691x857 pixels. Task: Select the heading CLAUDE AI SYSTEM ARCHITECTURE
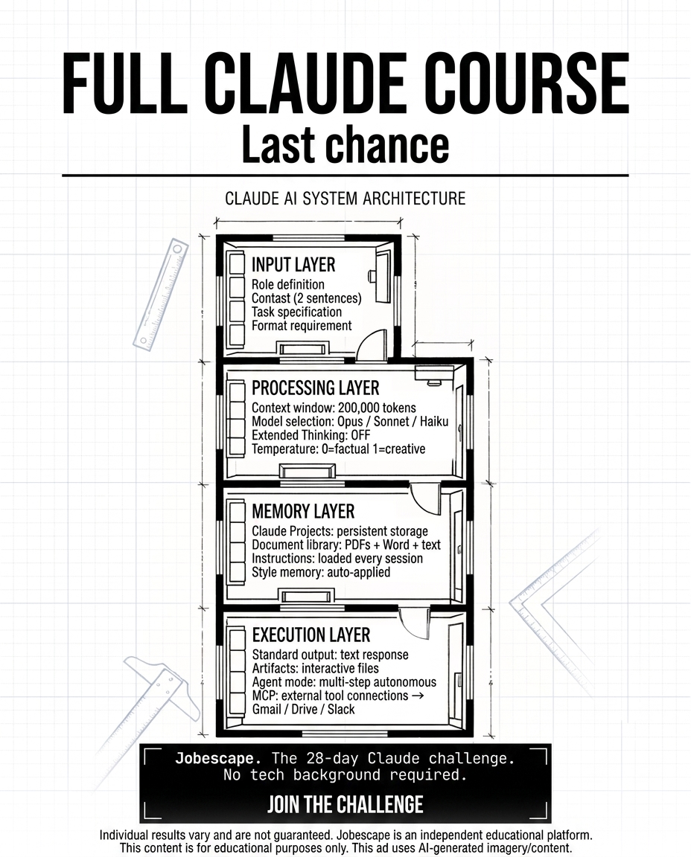[x=345, y=198]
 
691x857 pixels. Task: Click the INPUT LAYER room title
[x=293, y=265]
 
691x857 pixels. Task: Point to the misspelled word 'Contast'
[x=270, y=298]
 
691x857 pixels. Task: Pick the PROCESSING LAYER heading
[x=315, y=388]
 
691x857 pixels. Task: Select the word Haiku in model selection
[x=434, y=421]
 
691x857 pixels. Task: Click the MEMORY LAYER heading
[x=303, y=511]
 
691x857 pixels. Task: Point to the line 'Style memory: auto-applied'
[x=321, y=572]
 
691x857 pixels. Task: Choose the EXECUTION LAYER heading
[x=311, y=635]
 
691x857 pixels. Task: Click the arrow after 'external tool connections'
[x=418, y=696]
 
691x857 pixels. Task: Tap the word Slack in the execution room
[x=341, y=709]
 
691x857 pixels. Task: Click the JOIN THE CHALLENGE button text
[x=345, y=804]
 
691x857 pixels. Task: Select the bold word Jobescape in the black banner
[x=215, y=758]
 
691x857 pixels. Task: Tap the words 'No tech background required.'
[x=345, y=775]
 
